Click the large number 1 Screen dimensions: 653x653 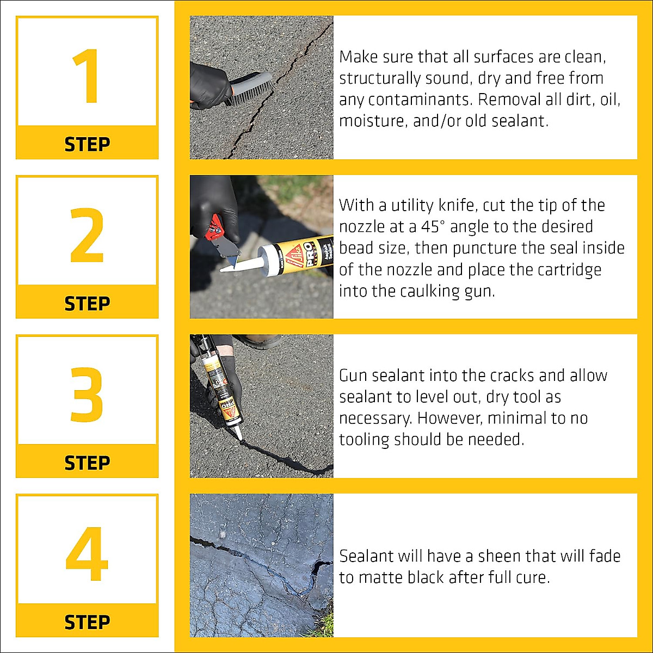pyautogui.click(x=87, y=76)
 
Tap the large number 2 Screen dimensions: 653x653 pyautogui.click(x=87, y=235)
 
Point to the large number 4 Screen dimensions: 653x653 pyautogui.click(x=87, y=554)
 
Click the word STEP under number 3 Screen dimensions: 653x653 pyautogui.click(x=87, y=463)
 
